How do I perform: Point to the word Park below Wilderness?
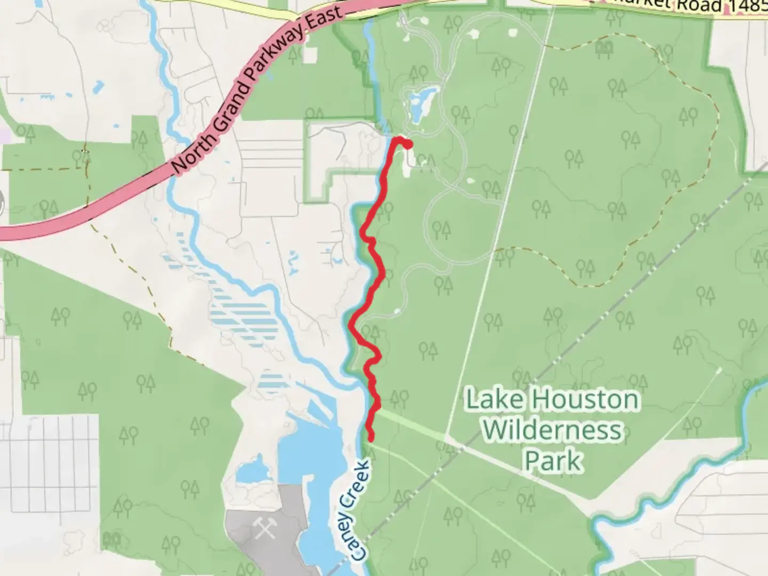coord(553,460)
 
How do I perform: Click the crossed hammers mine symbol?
coord(262,528)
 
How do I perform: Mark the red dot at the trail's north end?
coord(408,144)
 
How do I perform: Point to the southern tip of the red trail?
coord(370,438)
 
